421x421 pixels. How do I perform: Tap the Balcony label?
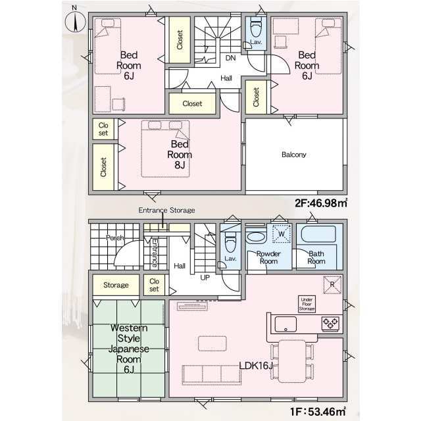point(294,155)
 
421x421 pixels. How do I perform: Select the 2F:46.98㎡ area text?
point(321,203)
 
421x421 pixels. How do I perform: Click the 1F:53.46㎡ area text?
point(318,411)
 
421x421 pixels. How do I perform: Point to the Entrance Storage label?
point(166,210)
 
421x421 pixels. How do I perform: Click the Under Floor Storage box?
point(307,304)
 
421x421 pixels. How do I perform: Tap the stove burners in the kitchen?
point(330,324)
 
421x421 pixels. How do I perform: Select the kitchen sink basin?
point(285,324)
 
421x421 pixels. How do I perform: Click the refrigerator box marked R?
point(332,285)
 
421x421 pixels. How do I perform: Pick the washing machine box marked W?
point(282,234)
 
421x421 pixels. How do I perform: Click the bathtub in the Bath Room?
point(318,234)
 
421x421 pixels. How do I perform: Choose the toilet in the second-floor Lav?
point(256,28)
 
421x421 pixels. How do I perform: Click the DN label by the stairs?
point(230,58)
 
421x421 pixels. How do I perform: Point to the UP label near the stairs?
point(205,278)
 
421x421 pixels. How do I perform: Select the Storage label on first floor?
point(116,285)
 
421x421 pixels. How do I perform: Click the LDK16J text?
point(256,366)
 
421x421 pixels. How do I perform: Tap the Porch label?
point(115,237)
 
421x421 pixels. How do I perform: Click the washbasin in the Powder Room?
point(256,237)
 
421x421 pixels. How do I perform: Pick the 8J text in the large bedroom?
point(180,165)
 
